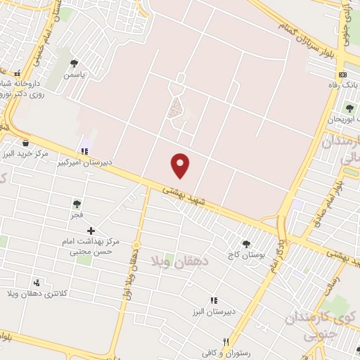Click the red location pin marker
[x=181, y=165]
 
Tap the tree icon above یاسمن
[x=74, y=63]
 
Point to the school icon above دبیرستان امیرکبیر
[x=85, y=151]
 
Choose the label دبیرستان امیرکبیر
[x=85, y=162]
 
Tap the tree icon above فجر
[x=77, y=204]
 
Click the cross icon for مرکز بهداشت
[x=91, y=231]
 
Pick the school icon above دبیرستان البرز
[x=214, y=300]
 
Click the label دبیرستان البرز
[x=214, y=311]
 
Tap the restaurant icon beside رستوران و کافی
[x=226, y=342]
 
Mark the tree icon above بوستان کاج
[x=245, y=244]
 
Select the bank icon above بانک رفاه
[x=342, y=75]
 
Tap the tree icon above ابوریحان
[x=349, y=108]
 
